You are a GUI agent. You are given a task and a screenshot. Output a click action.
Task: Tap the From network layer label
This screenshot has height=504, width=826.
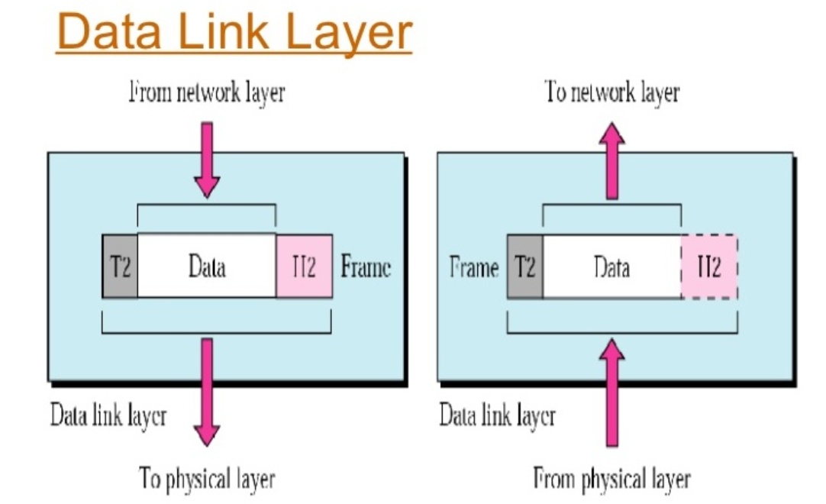click(x=206, y=94)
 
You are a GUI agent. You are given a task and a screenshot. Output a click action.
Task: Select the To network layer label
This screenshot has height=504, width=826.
click(x=611, y=92)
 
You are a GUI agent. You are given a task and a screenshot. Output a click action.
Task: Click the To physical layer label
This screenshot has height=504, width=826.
click(x=206, y=479)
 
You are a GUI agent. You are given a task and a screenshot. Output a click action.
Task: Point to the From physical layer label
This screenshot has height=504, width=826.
click(x=611, y=479)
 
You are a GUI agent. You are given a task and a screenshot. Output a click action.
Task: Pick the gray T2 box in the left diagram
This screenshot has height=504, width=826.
click(x=120, y=267)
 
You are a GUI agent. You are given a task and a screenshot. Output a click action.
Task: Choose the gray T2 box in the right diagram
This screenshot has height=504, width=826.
click(x=525, y=267)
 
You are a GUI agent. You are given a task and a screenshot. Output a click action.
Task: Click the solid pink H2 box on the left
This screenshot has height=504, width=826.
click(x=304, y=267)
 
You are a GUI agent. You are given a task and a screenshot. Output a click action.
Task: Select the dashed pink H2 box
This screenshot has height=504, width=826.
click(x=709, y=267)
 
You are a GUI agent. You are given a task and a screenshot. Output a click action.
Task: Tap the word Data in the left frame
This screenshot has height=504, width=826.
click(x=206, y=267)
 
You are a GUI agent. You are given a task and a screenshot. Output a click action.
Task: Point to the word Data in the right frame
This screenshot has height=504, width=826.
click(x=611, y=267)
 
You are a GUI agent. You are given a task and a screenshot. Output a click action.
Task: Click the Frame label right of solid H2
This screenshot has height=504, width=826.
click(x=366, y=267)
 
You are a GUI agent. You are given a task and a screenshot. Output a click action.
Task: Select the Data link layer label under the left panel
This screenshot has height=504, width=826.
click(x=108, y=416)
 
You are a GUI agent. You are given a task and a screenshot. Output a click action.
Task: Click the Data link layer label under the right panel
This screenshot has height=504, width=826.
click(x=497, y=416)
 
